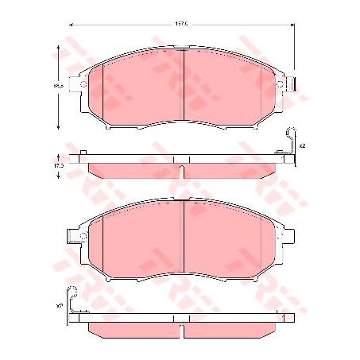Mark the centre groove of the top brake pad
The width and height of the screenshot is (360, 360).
pos(184,87)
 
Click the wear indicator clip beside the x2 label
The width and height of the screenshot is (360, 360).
pos(291,144)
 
